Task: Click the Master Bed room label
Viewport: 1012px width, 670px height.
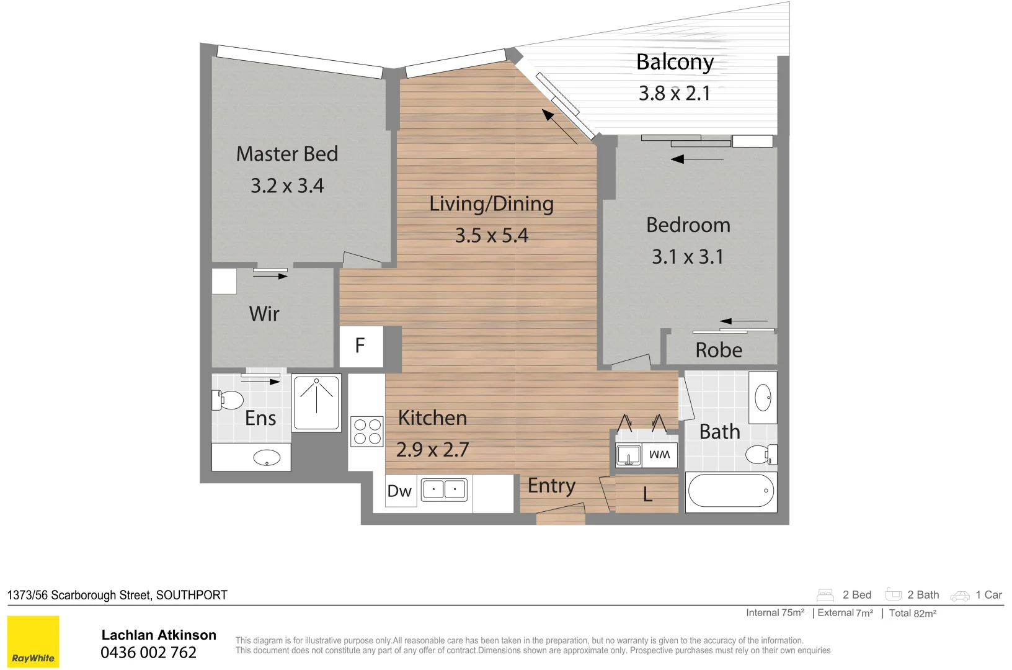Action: click(287, 154)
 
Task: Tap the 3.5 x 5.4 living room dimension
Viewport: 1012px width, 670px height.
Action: click(492, 235)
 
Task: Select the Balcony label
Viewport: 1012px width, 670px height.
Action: click(675, 63)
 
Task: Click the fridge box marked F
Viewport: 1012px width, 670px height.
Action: click(361, 346)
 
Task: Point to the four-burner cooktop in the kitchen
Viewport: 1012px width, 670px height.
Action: click(367, 431)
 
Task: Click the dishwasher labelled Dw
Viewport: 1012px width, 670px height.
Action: click(400, 491)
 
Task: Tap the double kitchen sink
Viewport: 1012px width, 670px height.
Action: click(444, 489)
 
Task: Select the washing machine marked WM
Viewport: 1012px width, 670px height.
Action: click(659, 455)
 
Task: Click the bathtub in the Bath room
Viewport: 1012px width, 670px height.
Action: click(731, 491)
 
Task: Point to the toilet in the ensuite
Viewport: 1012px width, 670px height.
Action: click(228, 400)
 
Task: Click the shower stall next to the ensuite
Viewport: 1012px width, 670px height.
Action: click(316, 403)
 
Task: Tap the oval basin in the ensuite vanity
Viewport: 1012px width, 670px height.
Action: click(267, 457)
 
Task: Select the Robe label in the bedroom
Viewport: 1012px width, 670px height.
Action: click(718, 351)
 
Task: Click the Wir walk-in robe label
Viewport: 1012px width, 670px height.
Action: click(264, 314)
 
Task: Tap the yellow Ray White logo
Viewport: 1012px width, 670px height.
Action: click(33, 641)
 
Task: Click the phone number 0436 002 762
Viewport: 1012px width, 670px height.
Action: click(149, 653)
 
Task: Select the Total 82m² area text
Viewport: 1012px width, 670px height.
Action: click(913, 614)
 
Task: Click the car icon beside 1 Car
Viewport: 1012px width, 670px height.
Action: click(959, 596)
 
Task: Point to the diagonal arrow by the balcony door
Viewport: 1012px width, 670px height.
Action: click(559, 127)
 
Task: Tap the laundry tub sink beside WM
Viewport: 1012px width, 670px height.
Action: click(628, 455)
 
